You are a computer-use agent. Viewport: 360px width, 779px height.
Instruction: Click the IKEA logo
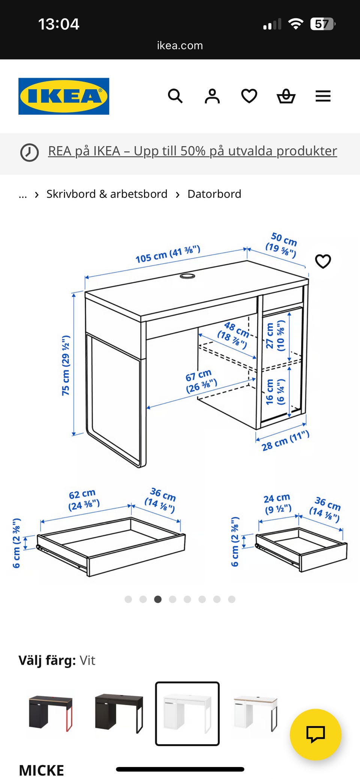pyautogui.click(x=64, y=96)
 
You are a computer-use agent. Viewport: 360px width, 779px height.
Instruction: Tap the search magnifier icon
pyautogui.click(x=175, y=96)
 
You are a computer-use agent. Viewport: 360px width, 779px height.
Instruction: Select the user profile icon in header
pyautogui.click(x=212, y=96)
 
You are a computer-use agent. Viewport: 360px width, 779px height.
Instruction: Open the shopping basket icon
pyautogui.click(x=286, y=96)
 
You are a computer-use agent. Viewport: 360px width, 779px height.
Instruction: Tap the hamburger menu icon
pyautogui.click(x=323, y=96)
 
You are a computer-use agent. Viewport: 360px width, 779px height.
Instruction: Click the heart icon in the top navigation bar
pyautogui.click(x=249, y=96)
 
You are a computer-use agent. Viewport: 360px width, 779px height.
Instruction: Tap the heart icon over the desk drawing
pyautogui.click(x=323, y=261)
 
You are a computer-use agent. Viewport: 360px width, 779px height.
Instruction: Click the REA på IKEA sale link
pyautogui.click(x=192, y=151)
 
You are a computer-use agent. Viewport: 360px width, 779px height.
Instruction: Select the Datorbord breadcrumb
pyautogui.click(x=214, y=194)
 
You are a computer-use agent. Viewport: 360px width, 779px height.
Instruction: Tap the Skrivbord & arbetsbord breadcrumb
pyautogui.click(x=107, y=194)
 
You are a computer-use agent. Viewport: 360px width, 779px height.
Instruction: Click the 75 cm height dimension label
pyautogui.click(x=66, y=365)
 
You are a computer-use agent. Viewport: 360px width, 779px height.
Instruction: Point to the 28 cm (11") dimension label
pyautogui.click(x=285, y=441)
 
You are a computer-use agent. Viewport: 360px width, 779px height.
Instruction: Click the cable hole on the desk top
pyautogui.click(x=187, y=276)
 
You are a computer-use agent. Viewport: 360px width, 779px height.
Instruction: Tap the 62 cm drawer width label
pyautogui.click(x=84, y=500)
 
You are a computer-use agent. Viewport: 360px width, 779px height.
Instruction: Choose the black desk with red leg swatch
pyautogui.click(x=51, y=713)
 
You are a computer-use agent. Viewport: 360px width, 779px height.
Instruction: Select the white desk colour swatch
pyautogui.click(x=187, y=713)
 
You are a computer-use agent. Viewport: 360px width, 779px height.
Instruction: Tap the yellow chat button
pyautogui.click(x=315, y=734)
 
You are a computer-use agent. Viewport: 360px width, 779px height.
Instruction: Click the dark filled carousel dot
pyautogui.click(x=158, y=599)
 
